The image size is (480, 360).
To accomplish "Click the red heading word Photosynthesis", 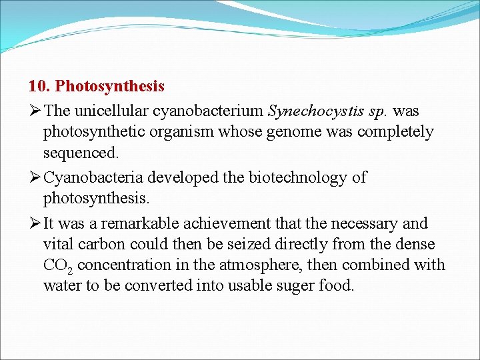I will tap(110, 87).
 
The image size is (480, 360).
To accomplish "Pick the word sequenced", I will tap(81, 153).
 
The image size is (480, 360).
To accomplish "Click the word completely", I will tap(395, 132).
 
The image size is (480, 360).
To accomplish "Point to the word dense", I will tap(416, 244).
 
